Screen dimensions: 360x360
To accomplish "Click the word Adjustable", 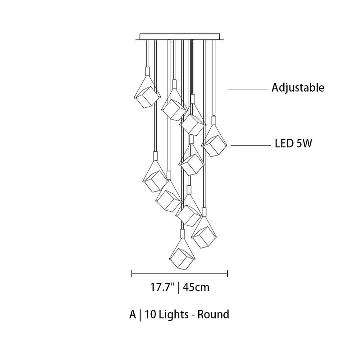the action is (x=298, y=88).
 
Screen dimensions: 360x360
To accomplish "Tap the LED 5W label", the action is (x=293, y=144).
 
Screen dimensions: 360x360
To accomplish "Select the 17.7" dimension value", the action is (x=162, y=287).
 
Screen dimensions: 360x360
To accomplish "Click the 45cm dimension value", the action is (x=196, y=287).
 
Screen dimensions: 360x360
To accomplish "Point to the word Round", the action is (x=213, y=314).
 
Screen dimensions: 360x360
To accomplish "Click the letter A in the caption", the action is (x=132, y=314).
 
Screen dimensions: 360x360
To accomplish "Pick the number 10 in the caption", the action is (x=150, y=314).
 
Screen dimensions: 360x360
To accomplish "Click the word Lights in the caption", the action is (x=174, y=315).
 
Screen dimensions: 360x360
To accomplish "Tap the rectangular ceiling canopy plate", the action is (x=180, y=37).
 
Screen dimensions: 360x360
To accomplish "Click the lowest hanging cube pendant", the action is (x=182, y=259).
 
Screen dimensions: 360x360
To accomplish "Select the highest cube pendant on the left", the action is (x=147, y=97).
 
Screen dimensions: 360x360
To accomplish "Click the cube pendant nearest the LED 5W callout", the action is (x=214, y=146).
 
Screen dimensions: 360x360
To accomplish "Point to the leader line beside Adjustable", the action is (x=248, y=90).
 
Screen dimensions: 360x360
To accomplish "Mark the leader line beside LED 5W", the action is (x=251, y=145).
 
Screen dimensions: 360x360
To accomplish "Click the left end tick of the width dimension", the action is (x=132, y=273).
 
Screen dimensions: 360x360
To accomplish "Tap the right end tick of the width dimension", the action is (x=227, y=273).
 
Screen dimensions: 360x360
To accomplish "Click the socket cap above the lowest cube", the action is (x=183, y=233).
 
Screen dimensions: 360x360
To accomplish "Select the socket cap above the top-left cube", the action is (x=147, y=71).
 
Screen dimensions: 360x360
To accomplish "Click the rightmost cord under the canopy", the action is (x=214, y=78).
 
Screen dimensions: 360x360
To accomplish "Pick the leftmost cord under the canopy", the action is (x=148, y=53).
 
